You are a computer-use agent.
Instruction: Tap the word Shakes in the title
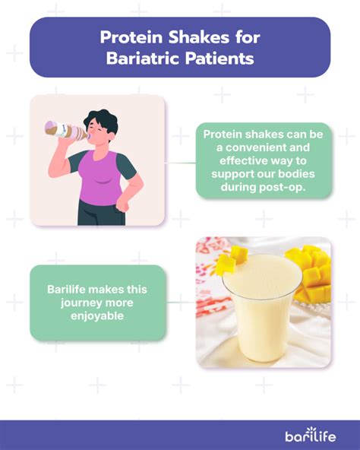pyautogui.click(x=198, y=37)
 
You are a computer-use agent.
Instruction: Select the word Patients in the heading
pyautogui.click(x=219, y=59)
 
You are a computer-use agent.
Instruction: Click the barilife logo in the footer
pyautogui.click(x=311, y=435)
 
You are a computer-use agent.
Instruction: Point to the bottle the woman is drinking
pyautogui.click(x=67, y=131)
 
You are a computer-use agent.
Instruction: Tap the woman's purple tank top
pyautogui.click(x=99, y=178)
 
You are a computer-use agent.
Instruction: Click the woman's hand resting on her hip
pyautogui.click(x=123, y=204)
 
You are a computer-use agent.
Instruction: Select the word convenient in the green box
pyautogui.click(x=267, y=147)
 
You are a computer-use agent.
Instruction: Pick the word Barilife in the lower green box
pyautogui.click(x=66, y=289)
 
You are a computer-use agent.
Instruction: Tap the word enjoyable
pyautogui.click(x=97, y=316)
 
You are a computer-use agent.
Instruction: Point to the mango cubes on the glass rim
pyautogui.click(x=231, y=260)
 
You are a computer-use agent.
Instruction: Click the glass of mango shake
pyautogui.click(x=263, y=307)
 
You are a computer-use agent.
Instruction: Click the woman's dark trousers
pyautogui.click(x=101, y=213)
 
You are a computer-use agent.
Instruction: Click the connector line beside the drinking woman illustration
pyautogui.click(x=180, y=163)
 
